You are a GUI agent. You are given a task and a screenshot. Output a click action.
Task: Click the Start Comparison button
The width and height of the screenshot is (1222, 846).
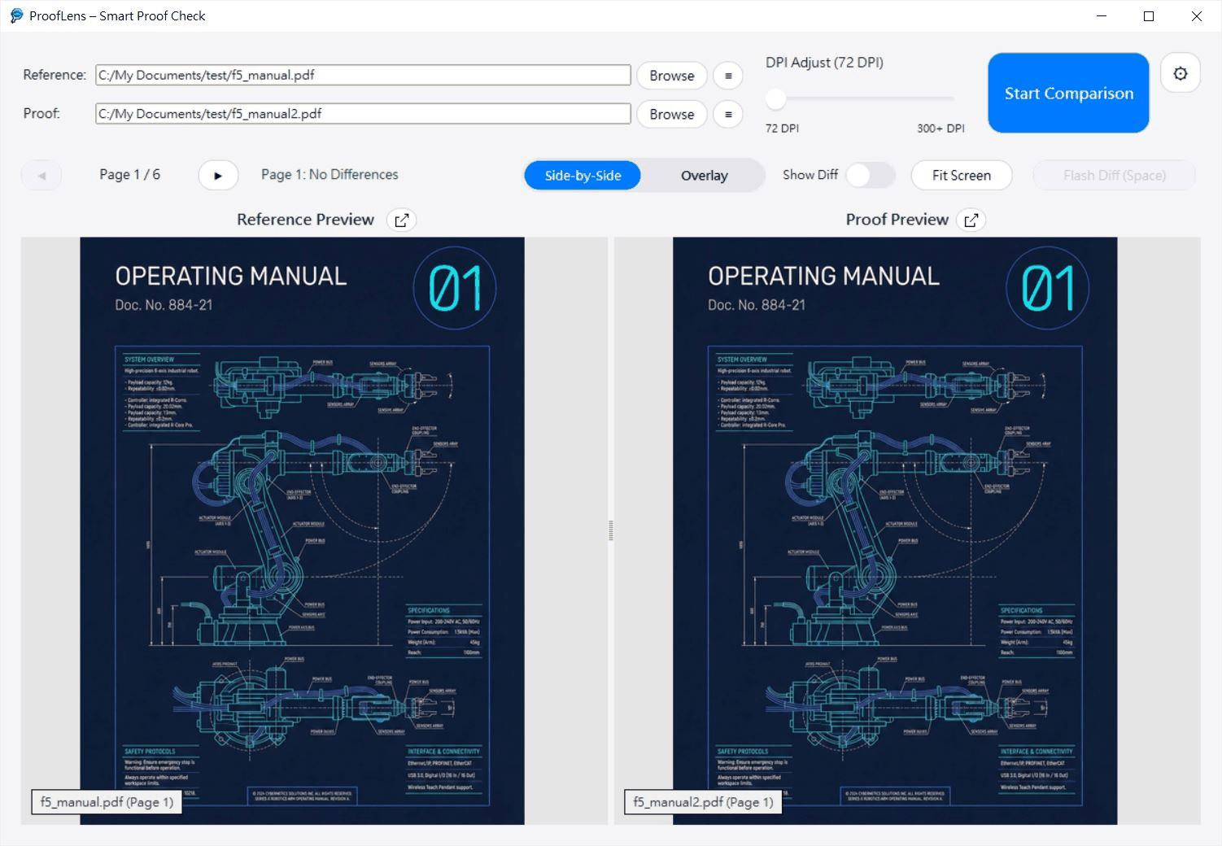tap(1068, 93)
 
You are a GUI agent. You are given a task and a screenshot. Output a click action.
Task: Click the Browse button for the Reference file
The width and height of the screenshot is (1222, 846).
tap(671, 76)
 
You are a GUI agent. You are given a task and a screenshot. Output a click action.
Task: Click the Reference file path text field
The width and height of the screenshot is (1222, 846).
tap(363, 75)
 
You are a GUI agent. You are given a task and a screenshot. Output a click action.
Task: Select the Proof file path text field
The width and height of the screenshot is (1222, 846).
tap(363, 114)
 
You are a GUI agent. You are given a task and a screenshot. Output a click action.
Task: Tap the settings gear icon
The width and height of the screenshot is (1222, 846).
tap(1180, 74)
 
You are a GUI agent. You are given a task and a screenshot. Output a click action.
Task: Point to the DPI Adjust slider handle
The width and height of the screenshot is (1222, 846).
tap(776, 99)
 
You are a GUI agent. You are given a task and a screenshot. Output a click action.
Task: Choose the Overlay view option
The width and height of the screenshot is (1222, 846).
tap(704, 176)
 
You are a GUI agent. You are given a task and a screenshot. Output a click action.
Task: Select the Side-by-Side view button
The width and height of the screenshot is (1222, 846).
tap(583, 176)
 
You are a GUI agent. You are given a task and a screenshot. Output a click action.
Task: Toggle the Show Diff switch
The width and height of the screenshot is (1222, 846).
tap(870, 175)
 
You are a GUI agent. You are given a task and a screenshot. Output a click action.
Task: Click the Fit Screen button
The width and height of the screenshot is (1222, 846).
tap(961, 176)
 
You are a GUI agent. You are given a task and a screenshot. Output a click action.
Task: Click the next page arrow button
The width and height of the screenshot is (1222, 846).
tap(218, 175)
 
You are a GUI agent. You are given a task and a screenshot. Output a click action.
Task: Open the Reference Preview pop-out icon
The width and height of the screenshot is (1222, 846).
tap(401, 220)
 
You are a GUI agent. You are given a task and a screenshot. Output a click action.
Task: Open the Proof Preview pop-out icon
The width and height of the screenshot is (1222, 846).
tap(971, 220)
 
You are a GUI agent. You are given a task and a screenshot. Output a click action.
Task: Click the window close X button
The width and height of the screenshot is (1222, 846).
tap(1196, 16)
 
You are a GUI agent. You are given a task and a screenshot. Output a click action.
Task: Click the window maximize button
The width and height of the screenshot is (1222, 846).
tap(1149, 16)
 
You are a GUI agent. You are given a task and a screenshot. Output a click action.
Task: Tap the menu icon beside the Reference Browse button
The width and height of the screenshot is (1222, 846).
tap(728, 76)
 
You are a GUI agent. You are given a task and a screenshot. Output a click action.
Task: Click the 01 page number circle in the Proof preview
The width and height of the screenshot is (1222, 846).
tap(1048, 288)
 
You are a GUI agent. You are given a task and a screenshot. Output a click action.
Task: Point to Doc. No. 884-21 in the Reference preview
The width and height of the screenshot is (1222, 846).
tap(164, 305)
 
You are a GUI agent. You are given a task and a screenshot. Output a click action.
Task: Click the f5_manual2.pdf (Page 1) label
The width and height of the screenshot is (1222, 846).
tap(703, 802)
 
